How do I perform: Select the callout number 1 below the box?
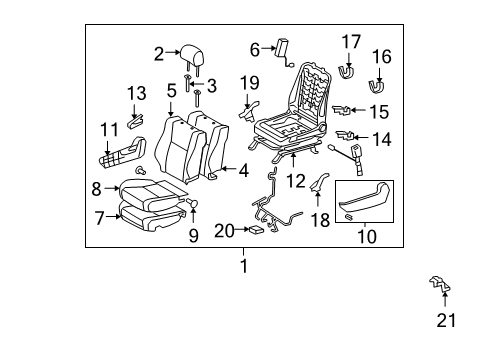pyautogui.click(x=242, y=267)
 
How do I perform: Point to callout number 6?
pyautogui.click(x=254, y=48)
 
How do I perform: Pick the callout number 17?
pyautogui.click(x=350, y=42)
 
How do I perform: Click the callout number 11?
pyautogui.click(x=109, y=129)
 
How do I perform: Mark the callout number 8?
pyautogui.click(x=96, y=186)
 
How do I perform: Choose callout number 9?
pyautogui.click(x=194, y=236)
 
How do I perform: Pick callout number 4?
pyautogui.click(x=244, y=171)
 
